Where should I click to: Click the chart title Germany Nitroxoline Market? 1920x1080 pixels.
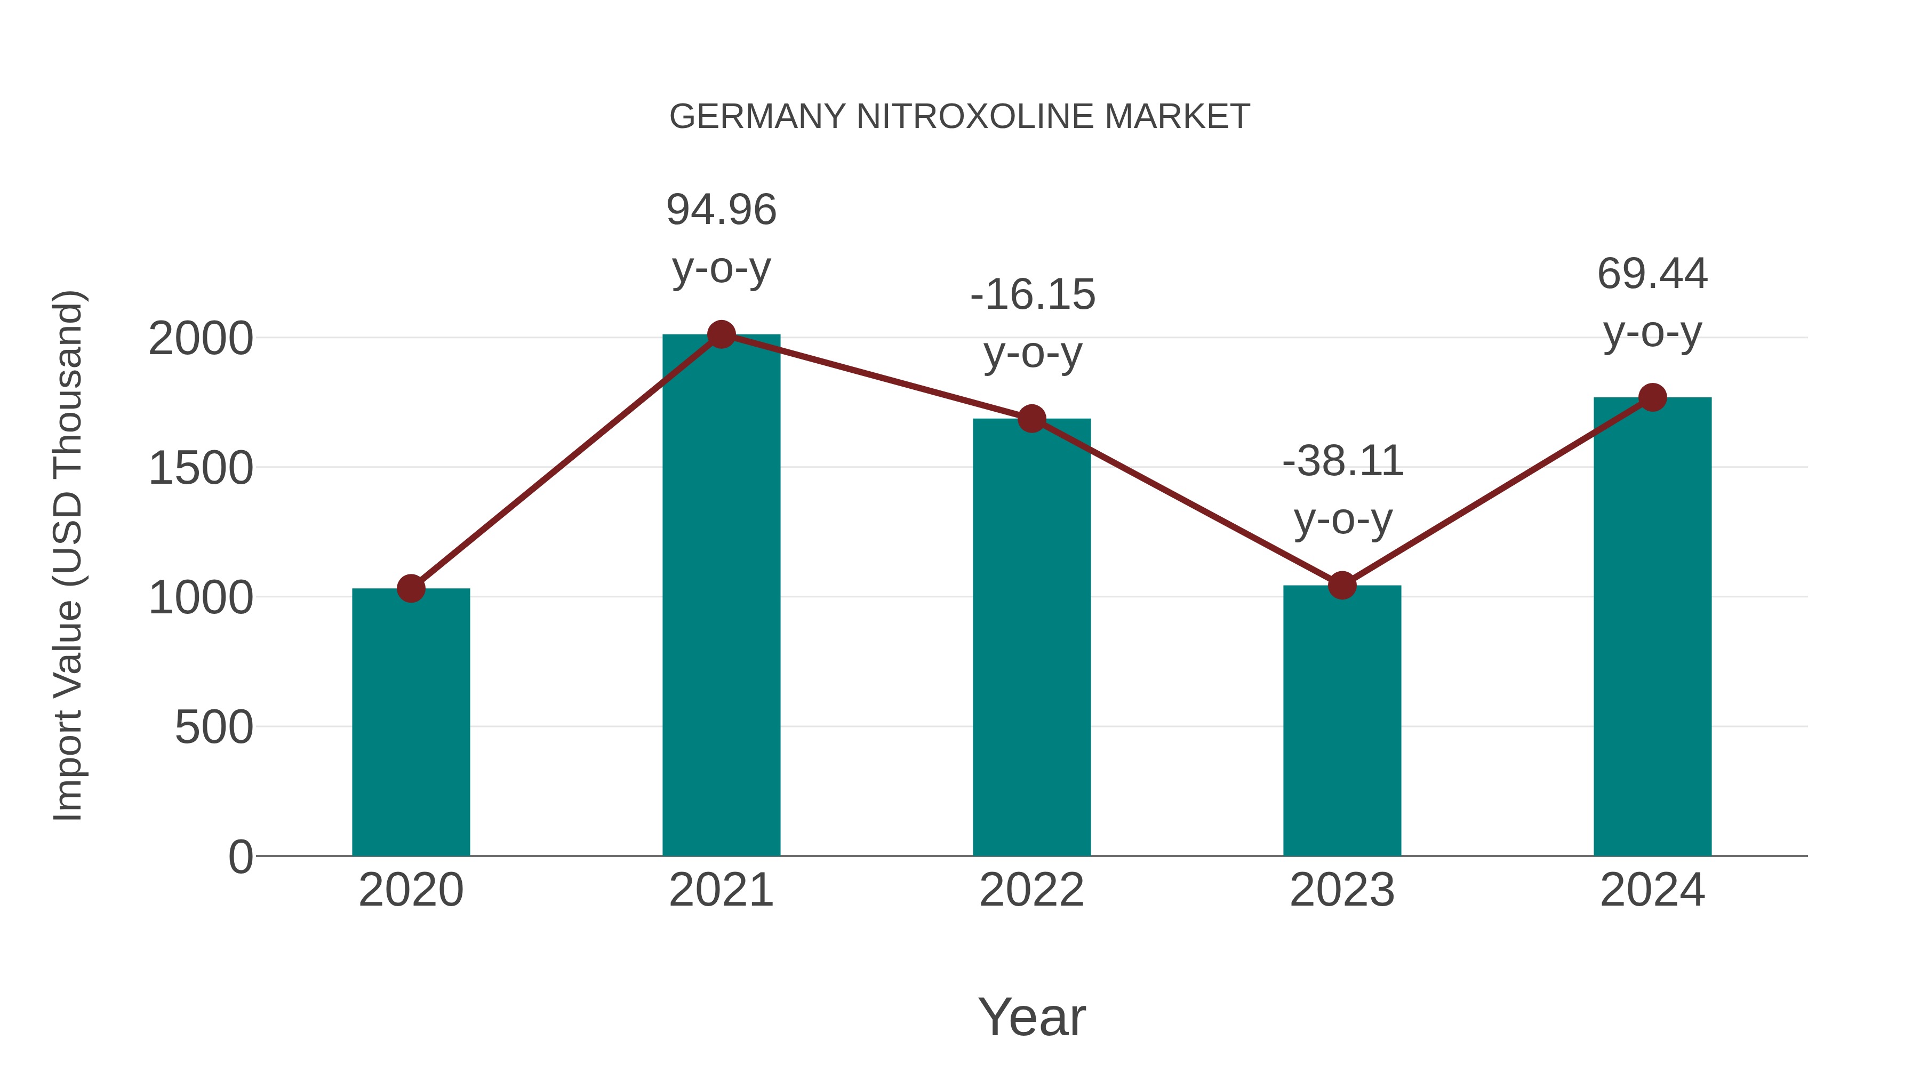tap(959, 117)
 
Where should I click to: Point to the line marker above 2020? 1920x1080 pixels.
tap(411, 588)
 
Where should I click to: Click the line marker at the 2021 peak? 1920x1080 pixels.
tap(721, 334)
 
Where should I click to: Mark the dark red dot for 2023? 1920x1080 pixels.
tap(1342, 585)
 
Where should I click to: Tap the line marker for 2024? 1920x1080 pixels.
tap(1652, 397)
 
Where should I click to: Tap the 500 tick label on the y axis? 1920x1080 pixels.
tap(213, 727)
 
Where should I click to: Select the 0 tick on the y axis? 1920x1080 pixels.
tap(240, 857)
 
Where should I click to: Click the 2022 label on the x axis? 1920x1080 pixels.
tap(1031, 890)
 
